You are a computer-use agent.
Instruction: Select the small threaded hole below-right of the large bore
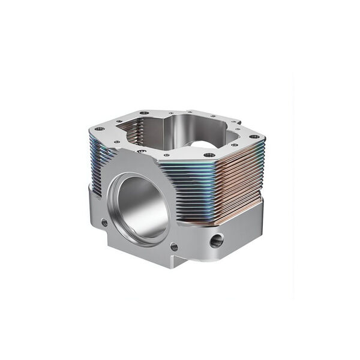click(174, 246)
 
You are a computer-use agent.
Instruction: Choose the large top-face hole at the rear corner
click(144, 113)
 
